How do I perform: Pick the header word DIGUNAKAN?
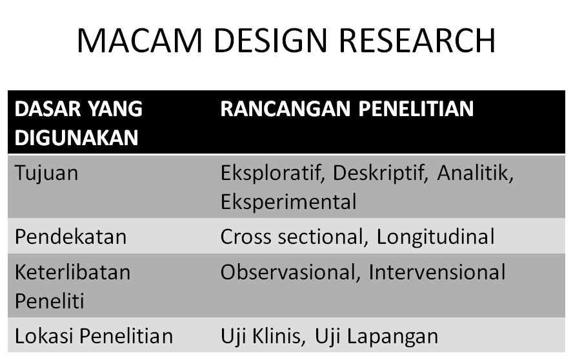76,137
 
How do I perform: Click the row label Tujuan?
47,174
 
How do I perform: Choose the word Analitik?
476,174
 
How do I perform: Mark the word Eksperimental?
288,202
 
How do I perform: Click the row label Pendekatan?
71,237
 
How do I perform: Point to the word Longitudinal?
436,237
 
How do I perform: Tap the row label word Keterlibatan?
72,272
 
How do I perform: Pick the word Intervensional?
437,272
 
